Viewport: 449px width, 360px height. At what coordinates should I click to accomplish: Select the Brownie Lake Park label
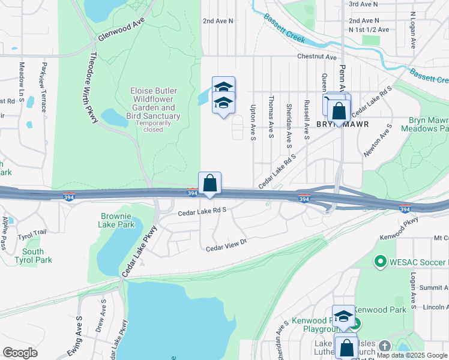117,220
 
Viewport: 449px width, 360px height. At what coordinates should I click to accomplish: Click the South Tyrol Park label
37,256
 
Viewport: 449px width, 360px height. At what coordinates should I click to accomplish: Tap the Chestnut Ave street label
316,57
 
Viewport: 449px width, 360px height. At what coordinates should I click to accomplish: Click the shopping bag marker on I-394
210,182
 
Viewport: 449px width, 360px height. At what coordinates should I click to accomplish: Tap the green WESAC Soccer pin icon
379,262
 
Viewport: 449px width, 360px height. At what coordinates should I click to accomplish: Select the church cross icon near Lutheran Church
384,346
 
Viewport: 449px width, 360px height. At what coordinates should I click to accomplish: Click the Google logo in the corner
20,353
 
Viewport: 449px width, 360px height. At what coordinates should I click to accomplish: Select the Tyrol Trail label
32,233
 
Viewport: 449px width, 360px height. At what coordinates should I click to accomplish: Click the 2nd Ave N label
217,20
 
